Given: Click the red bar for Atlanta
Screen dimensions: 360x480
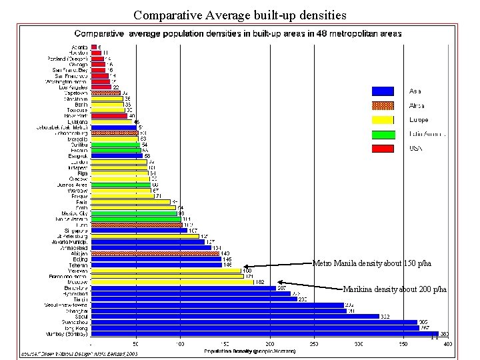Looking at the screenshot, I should (94, 47).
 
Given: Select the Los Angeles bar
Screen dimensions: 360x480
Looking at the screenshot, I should (101, 87).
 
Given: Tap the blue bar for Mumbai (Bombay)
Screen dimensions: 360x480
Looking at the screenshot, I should (265, 333).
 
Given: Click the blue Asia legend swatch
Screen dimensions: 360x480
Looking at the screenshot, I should (387, 91).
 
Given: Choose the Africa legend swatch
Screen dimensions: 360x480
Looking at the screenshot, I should (387, 105).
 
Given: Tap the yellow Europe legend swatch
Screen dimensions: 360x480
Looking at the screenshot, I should (387, 119).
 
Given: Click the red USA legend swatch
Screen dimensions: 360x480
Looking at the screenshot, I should (387, 148).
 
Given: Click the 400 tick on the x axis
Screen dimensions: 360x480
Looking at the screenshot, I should (447, 344).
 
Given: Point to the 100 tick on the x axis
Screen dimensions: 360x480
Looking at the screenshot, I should (180, 344).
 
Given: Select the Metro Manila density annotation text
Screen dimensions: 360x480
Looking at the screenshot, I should (371, 264).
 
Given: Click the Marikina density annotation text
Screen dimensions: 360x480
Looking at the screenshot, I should (395, 289).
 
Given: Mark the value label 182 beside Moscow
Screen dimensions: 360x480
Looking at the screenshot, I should (260, 282).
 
